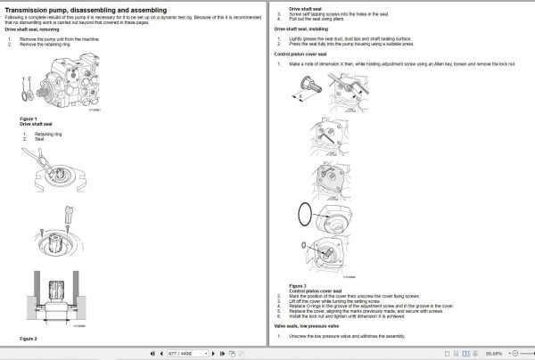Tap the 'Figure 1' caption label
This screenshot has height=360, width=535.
click(29, 119)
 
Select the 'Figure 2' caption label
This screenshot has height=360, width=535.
click(29, 339)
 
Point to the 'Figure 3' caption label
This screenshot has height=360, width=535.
click(299, 286)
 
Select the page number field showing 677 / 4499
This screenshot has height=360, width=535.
click(184, 354)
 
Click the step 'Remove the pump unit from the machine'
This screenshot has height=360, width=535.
click(65, 38)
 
